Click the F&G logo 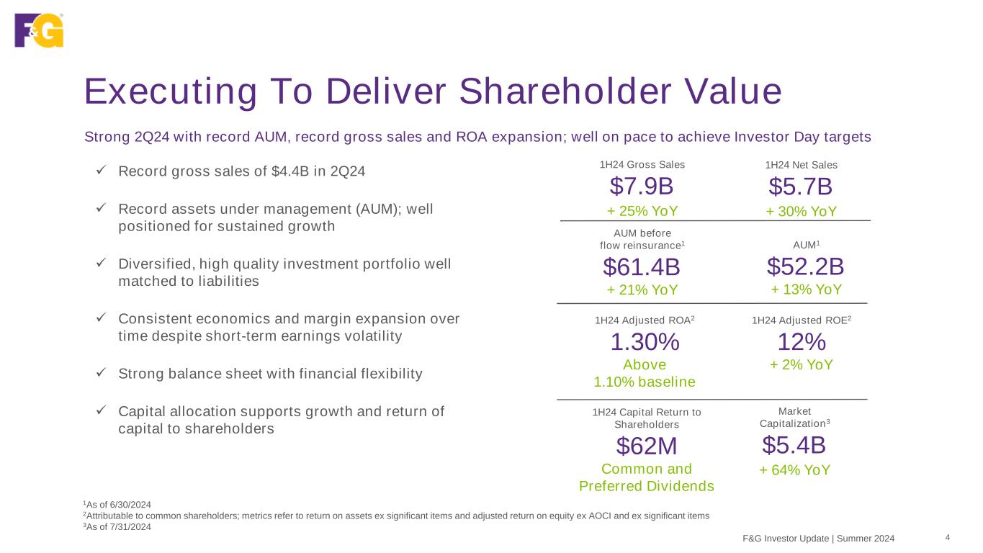coord(39,30)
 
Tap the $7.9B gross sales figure coord(642,186)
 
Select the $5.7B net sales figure coord(801,186)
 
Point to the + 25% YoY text coord(642,211)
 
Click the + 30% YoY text coord(801,211)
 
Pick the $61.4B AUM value coord(642,267)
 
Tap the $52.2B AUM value coord(805,266)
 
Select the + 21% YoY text coord(642,289)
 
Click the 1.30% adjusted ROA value coord(645,343)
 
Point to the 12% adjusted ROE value coord(801,341)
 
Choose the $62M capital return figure coord(646,446)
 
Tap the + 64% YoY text coord(795,470)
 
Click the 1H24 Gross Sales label coord(642,164)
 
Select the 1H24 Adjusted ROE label coord(801,320)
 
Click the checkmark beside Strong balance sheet coord(102,373)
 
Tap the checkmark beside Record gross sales coord(102,171)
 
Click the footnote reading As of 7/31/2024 coord(118,526)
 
